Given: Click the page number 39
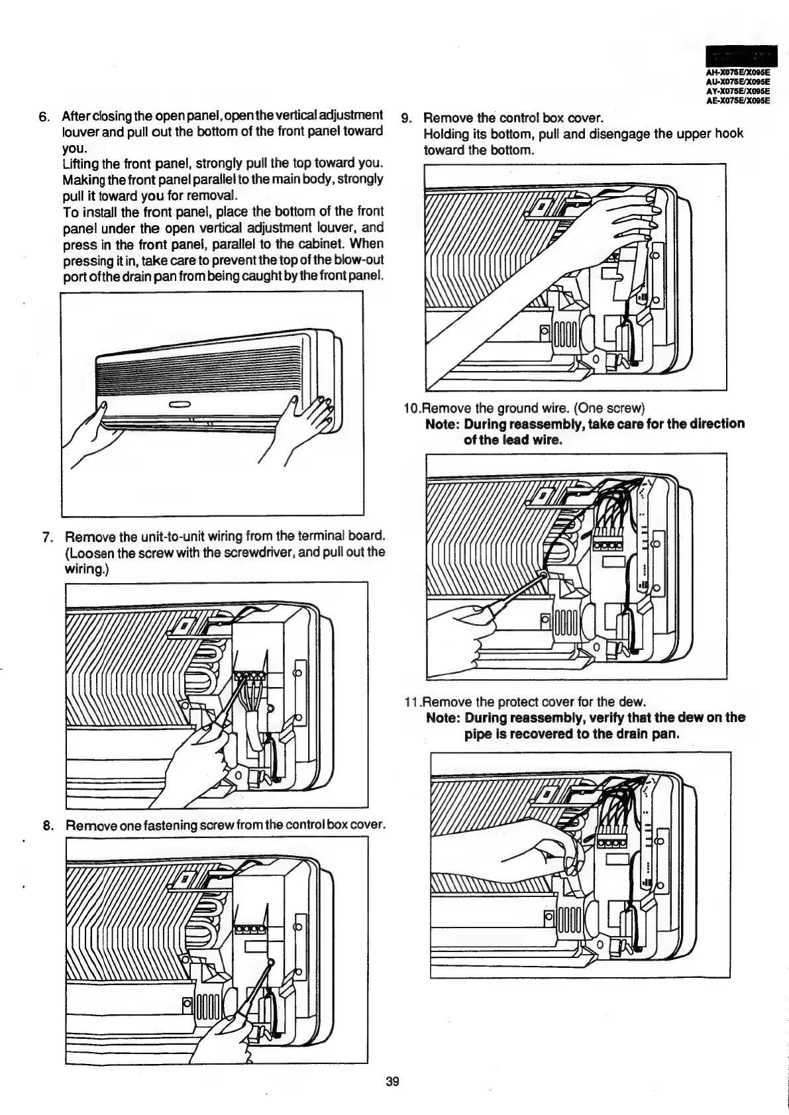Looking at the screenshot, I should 392,1081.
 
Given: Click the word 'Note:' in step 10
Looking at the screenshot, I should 443,424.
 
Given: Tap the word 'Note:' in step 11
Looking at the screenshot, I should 443,718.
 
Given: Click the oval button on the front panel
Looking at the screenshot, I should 180,405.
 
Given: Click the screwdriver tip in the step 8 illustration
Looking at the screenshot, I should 271,961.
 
